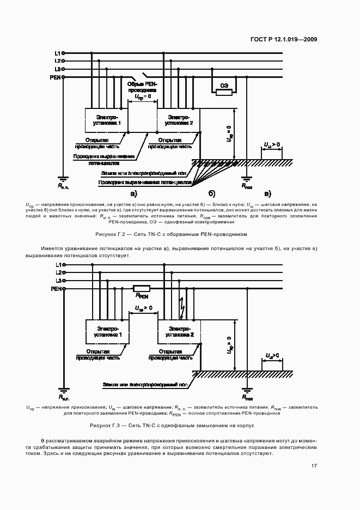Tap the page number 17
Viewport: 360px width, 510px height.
click(x=314, y=466)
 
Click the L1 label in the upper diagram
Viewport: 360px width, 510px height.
click(x=57, y=53)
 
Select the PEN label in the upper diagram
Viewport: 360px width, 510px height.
click(x=55, y=77)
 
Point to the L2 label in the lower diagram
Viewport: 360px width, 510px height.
click(x=57, y=272)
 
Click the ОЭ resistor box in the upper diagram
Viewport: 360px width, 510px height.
click(x=224, y=92)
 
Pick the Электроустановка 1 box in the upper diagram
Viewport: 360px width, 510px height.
click(x=107, y=120)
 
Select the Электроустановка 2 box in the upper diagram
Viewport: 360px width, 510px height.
click(x=179, y=120)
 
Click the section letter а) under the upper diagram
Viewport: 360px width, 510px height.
click(x=133, y=193)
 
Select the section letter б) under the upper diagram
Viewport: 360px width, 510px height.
click(x=212, y=193)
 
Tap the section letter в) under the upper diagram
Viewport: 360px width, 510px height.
click(x=267, y=193)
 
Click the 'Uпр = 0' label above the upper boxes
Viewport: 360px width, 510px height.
click(x=142, y=98)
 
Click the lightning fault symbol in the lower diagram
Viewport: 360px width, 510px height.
click(x=181, y=308)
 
